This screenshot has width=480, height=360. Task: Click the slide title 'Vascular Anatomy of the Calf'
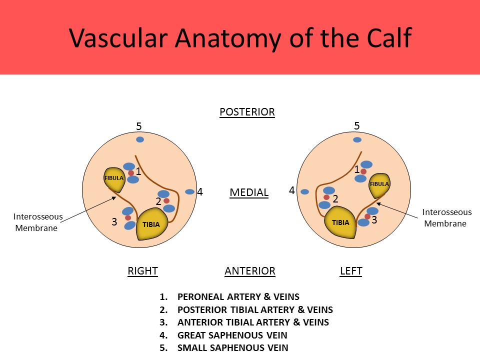tap(240, 37)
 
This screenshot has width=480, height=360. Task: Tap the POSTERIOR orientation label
tap(247, 112)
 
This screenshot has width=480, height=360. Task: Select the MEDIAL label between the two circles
tap(249, 192)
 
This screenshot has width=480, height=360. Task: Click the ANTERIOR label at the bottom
tap(249, 271)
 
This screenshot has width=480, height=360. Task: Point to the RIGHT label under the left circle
tap(142, 271)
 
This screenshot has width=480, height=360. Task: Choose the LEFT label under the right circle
tap(350, 271)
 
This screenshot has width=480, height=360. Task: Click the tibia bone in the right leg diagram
tap(151, 224)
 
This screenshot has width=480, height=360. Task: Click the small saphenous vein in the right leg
tap(140, 139)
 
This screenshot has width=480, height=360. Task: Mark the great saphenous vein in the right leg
tap(189, 191)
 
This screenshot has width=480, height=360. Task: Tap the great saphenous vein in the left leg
tap(304, 191)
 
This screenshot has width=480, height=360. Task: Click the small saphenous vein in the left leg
tap(356, 140)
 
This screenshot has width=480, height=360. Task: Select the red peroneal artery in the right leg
tap(131, 173)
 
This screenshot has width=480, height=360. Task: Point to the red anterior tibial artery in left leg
tap(367, 216)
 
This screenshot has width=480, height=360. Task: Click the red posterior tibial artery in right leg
tap(166, 201)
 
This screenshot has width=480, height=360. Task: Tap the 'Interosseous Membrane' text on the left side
tap(38, 222)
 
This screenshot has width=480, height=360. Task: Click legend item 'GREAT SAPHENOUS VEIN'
tap(232, 335)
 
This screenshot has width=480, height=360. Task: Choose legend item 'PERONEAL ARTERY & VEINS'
tap(238, 297)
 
